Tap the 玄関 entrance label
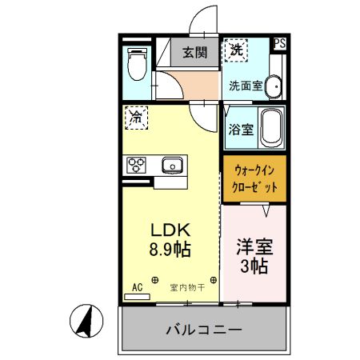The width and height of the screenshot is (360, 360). click(x=194, y=54)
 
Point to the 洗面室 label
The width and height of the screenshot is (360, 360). click(x=245, y=85)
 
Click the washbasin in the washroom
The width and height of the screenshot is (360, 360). click(x=274, y=86)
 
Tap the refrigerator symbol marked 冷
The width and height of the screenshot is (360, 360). click(x=136, y=118)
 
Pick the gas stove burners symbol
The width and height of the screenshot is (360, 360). click(x=136, y=166)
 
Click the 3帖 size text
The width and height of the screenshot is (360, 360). click(x=254, y=266)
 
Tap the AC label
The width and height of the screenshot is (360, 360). click(x=136, y=286)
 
